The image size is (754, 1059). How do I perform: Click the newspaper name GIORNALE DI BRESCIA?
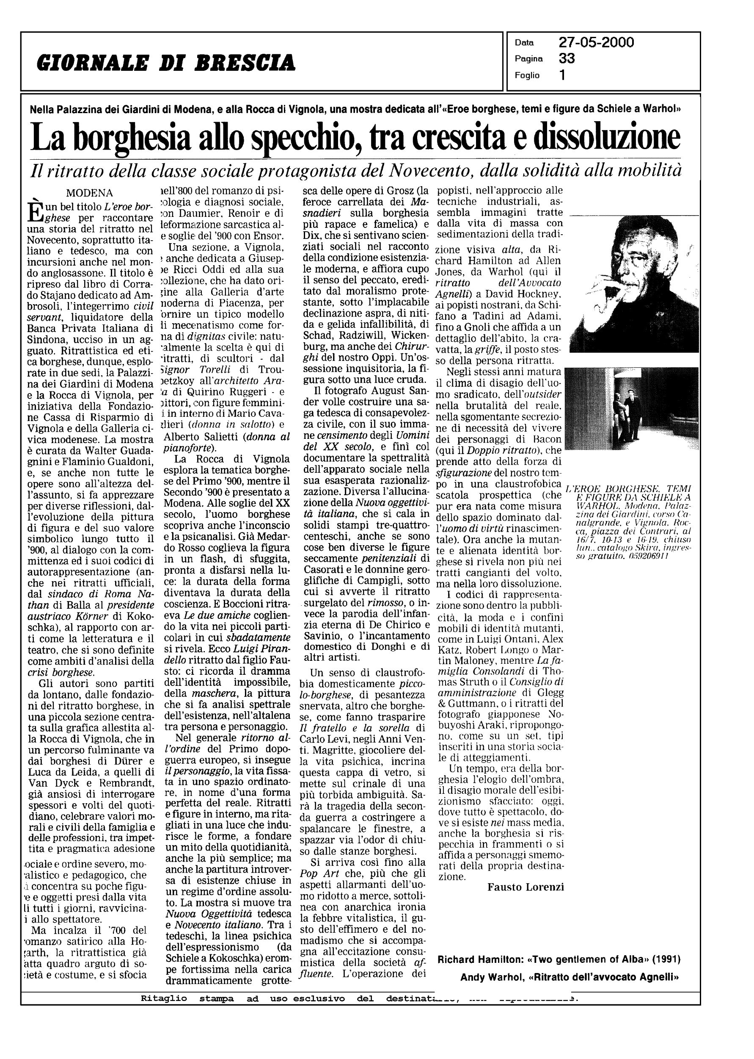tap(166, 62)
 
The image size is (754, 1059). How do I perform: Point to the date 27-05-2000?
tap(596, 43)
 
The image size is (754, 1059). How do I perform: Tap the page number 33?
tap(567, 58)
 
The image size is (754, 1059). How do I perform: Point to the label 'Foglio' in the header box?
tap(527, 75)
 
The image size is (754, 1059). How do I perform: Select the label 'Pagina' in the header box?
tap(529, 59)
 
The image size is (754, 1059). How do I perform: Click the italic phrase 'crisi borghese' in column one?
tap(61, 672)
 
